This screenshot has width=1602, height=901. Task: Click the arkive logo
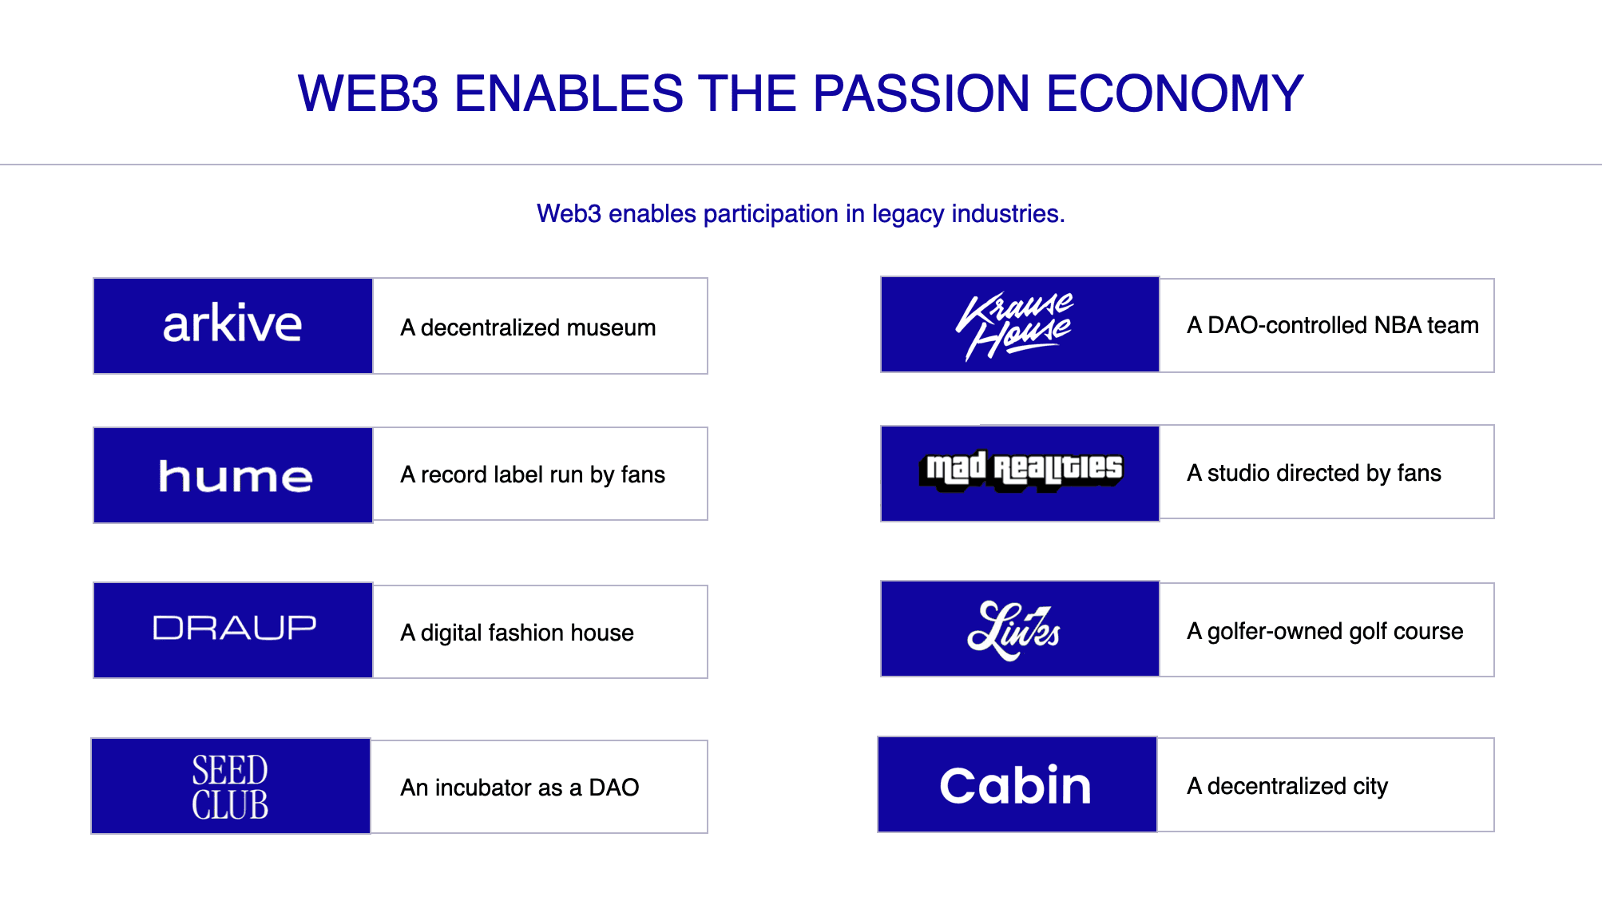pos(232,324)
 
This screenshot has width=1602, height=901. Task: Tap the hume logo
pos(235,476)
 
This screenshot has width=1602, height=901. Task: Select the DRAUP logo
pos(234,628)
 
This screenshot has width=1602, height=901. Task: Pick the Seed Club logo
pos(230,788)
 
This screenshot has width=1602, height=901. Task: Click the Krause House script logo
pos(1015,326)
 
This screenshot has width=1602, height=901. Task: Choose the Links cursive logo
pos(1013,630)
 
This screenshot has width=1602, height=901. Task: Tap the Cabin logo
pos(1015,785)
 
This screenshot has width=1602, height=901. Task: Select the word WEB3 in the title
pos(368,93)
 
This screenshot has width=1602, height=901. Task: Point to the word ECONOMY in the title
pos(1175,93)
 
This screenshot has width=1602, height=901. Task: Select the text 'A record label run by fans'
pos(533,474)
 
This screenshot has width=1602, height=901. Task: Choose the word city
pos(1370,786)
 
